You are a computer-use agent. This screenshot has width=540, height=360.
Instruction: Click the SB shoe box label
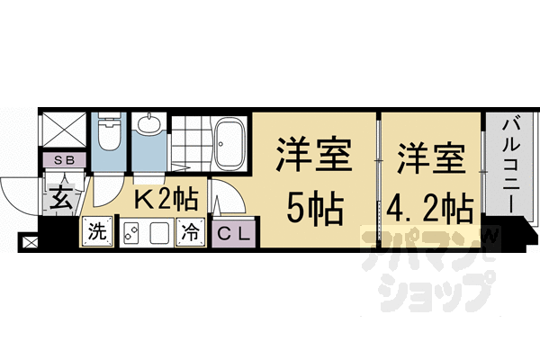coord(64,160)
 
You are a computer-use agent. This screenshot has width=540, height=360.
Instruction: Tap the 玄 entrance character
coord(61,195)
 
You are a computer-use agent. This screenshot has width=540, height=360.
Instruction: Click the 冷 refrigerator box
coord(191,230)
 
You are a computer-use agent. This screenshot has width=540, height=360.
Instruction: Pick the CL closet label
coord(234,231)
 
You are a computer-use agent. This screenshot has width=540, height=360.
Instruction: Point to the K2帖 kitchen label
coord(165,199)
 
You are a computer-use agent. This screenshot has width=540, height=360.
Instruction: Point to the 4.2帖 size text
coord(430,210)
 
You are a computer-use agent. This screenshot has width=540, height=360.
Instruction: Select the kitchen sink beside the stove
coord(159,232)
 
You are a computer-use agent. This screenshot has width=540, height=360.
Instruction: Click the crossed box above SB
coord(64,130)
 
